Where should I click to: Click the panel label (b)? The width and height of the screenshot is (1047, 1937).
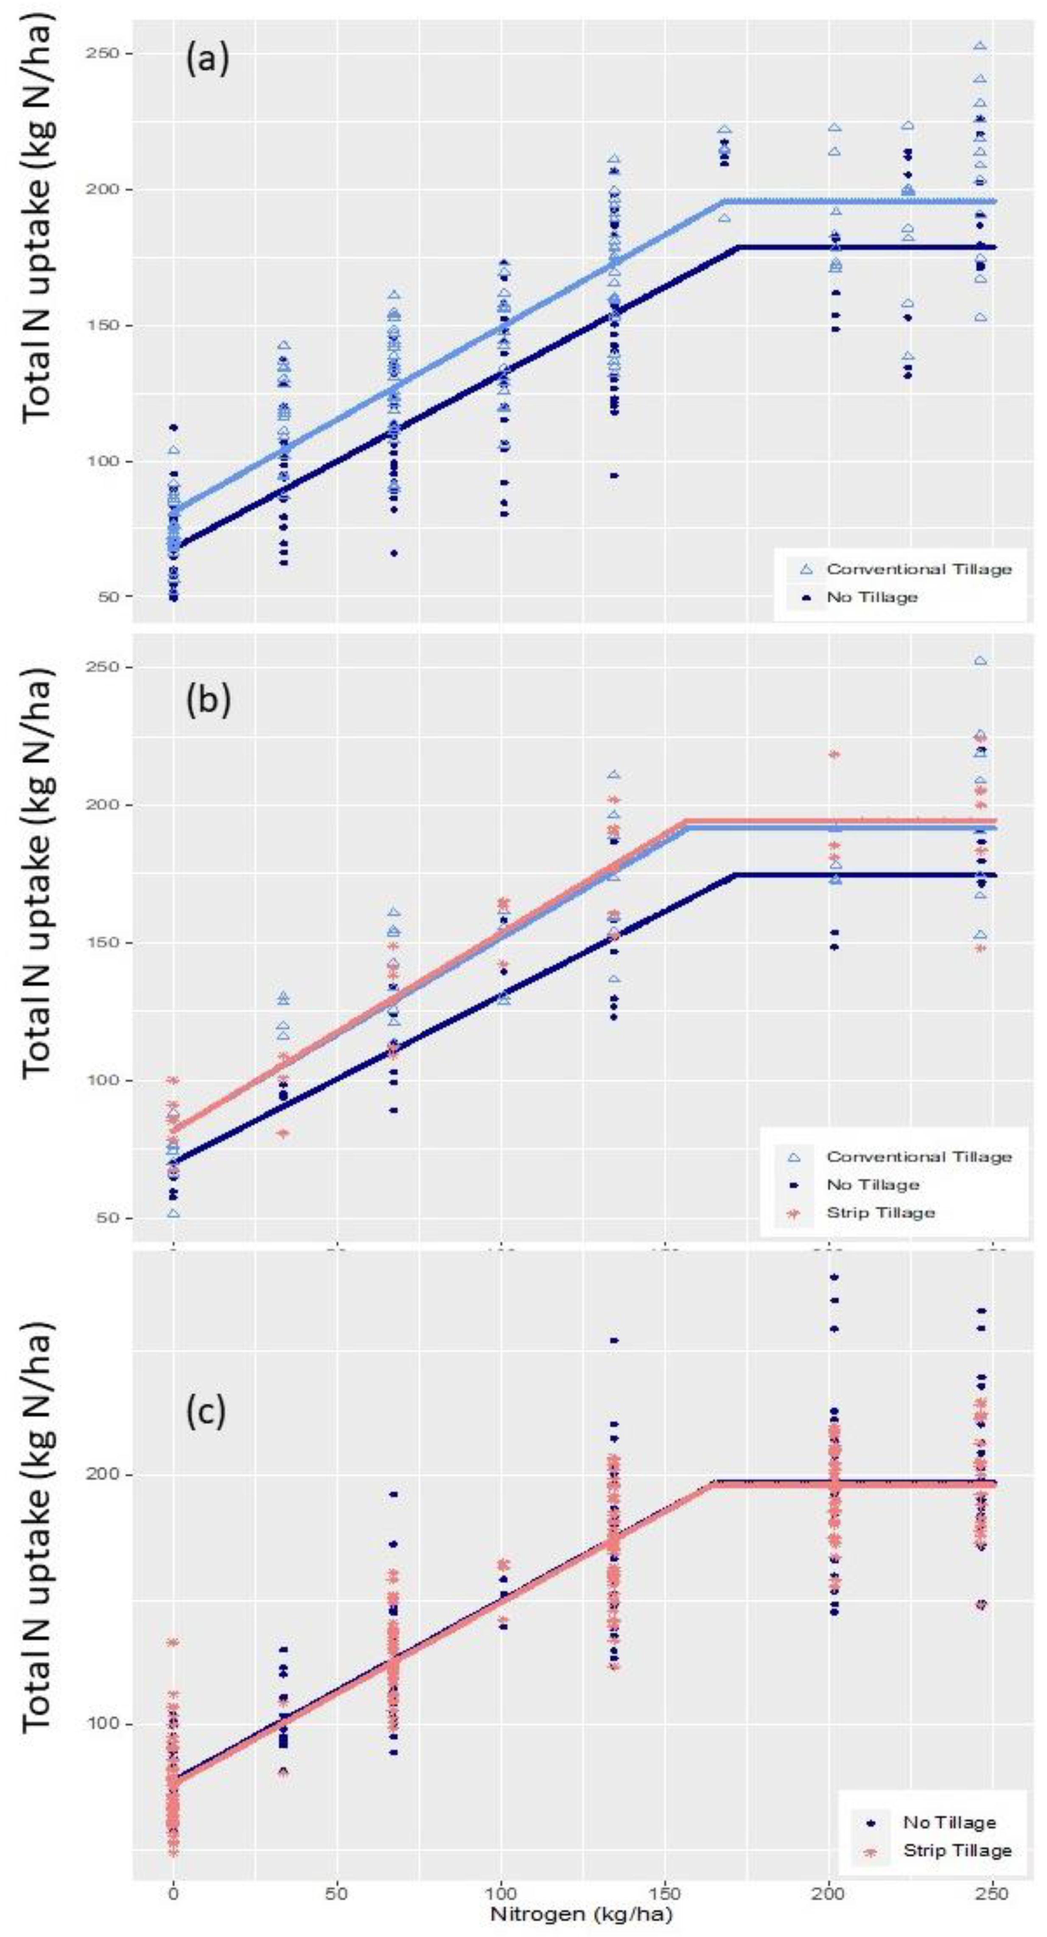207,699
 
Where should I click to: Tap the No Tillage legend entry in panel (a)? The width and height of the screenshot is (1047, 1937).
873,597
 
